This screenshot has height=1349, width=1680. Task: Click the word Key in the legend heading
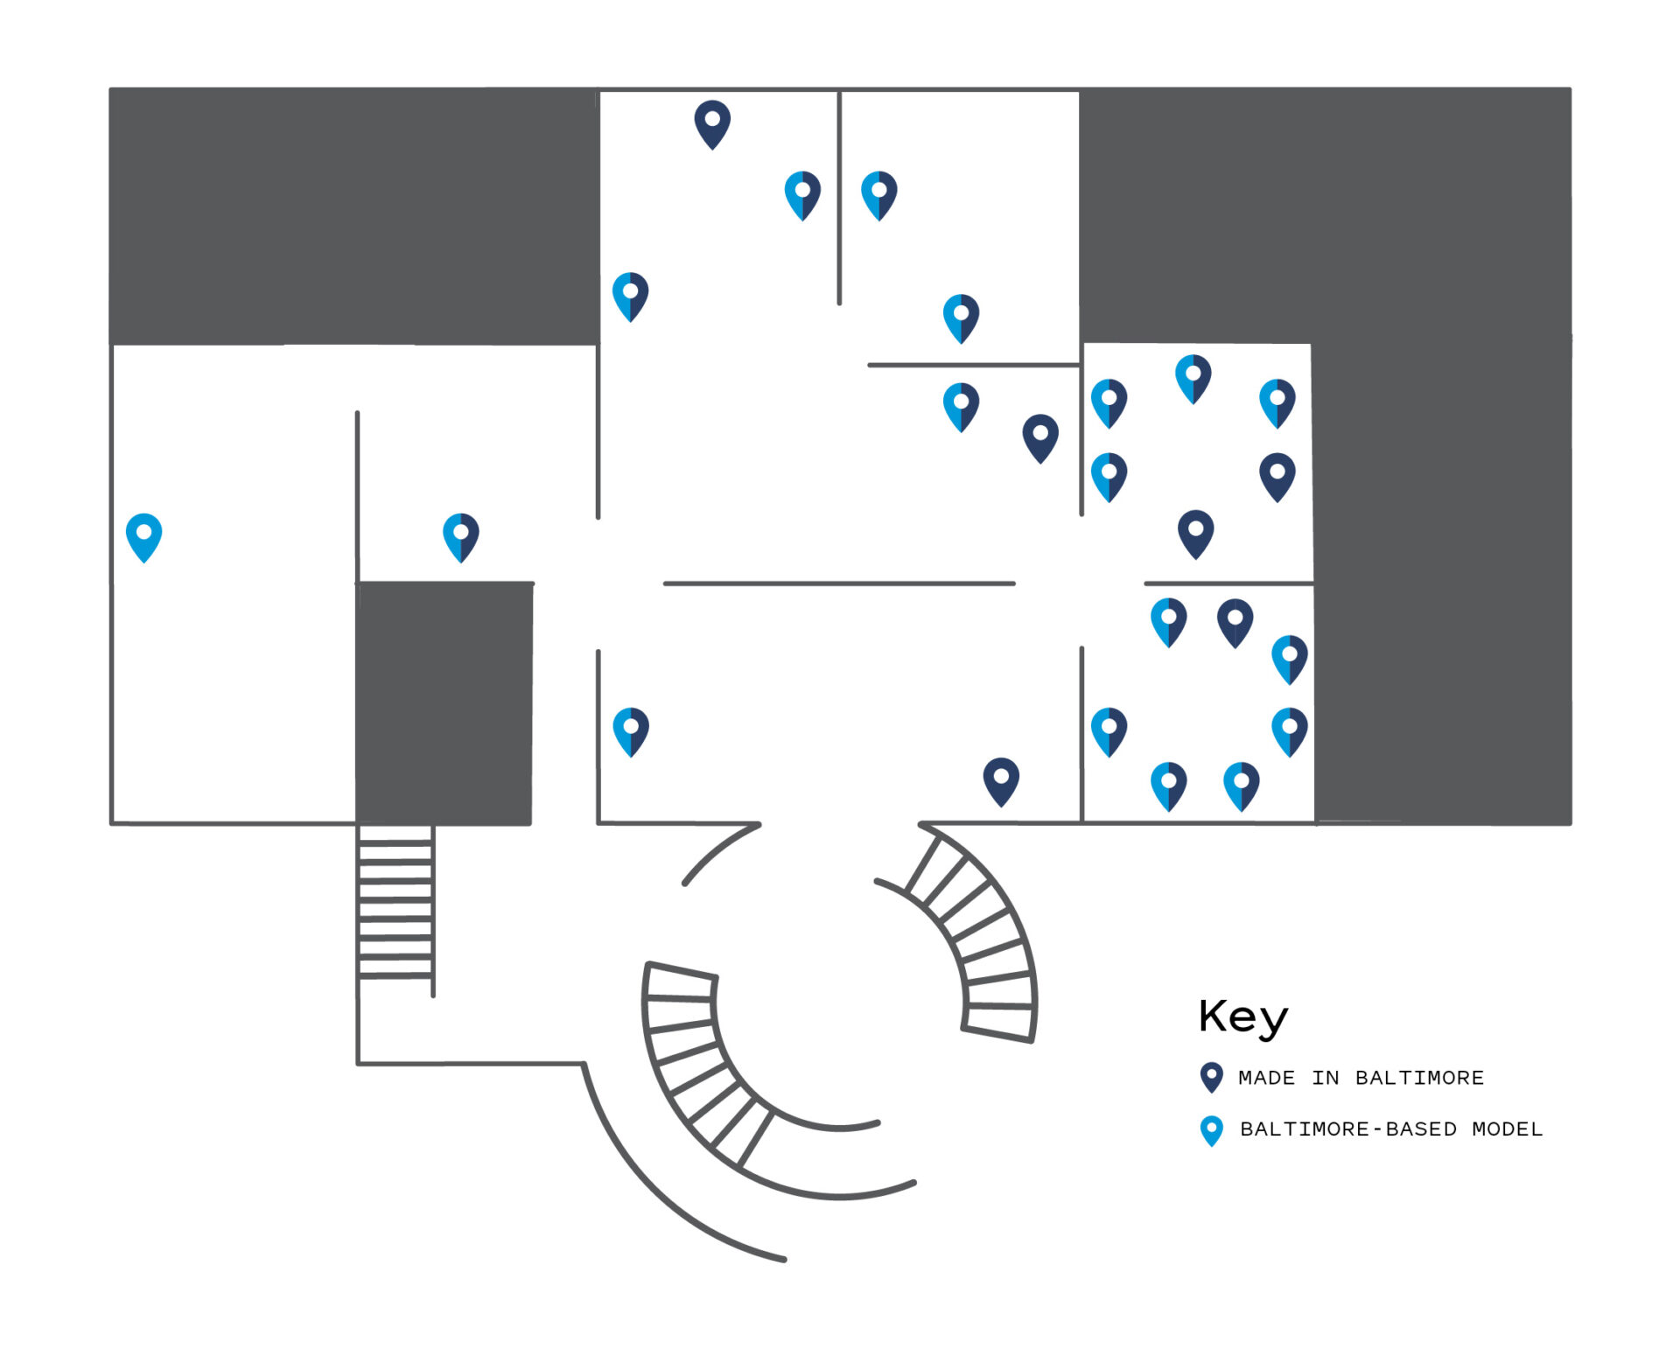point(1242,1017)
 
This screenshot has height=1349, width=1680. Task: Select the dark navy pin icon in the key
point(1211,1077)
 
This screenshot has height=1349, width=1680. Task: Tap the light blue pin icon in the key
point(1211,1129)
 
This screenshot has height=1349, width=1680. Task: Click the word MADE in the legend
point(1266,1078)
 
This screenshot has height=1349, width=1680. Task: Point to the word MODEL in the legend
point(1507,1129)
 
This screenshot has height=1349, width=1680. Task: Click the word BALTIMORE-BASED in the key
point(1347,1129)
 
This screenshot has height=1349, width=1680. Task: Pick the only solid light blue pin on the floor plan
point(143,536)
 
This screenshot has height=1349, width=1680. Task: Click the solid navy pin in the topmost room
point(712,123)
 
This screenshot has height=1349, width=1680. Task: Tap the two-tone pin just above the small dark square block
point(460,536)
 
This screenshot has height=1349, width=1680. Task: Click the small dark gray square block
point(444,702)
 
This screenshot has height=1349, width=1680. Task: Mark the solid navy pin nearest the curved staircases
point(1001,780)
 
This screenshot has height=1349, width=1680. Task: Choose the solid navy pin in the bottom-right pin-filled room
point(1235,622)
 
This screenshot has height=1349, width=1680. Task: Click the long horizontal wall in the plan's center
point(838,583)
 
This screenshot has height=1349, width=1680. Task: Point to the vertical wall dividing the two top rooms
point(839,197)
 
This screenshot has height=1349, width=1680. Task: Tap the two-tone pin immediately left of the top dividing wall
point(802,194)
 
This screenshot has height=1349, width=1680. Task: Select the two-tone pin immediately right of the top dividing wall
point(878,194)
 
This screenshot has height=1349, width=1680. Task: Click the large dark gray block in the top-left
point(353,215)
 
